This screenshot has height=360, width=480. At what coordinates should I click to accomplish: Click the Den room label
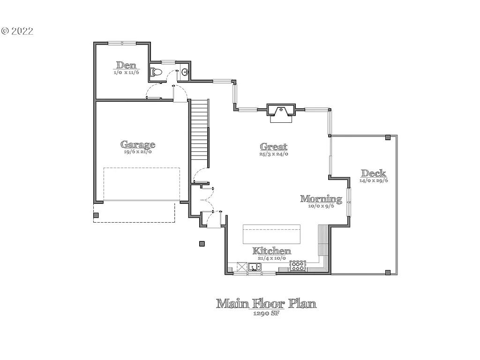[x=126, y=65]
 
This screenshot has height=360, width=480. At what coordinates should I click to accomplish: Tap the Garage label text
[x=138, y=144]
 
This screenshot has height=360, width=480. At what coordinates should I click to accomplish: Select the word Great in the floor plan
[x=274, y=146]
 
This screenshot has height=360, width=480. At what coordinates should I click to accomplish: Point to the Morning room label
[x=321, y=198]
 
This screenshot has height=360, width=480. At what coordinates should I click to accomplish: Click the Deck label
[x=374, y=173]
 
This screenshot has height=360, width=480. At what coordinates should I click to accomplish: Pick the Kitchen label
[x=272, y=251]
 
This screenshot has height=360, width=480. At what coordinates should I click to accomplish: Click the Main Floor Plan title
[x=266, y=303]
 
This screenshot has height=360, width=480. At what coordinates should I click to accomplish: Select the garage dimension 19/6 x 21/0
[x=138, y=152]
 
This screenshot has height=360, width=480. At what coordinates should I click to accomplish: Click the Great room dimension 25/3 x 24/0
[x=274, y=154]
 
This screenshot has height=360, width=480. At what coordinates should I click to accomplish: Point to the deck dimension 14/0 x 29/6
[x=374, y=180]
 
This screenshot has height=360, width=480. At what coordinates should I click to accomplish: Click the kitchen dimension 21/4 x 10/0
[x=272, y=258]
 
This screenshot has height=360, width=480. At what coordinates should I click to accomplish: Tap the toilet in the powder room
[x=156, y=72]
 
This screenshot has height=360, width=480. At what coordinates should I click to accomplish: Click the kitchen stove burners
[x=298, y=266]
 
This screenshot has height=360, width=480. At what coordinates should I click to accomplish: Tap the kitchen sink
[x=255, y=267]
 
